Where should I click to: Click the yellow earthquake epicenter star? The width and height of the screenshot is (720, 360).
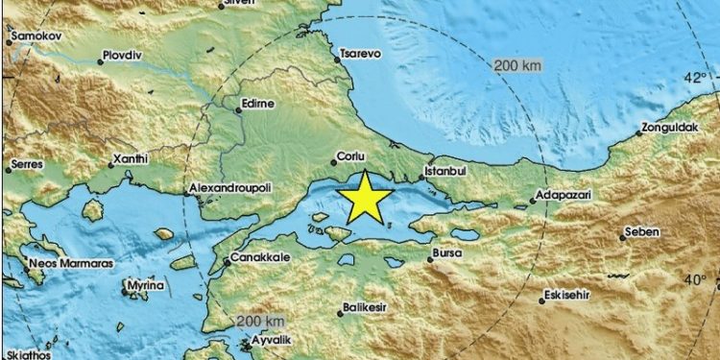366,198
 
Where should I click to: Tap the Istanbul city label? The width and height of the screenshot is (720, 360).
444,172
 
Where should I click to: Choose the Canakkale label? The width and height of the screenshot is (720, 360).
257,260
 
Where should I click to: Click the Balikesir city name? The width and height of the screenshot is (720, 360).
366,308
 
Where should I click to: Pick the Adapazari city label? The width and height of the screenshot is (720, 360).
565,195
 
